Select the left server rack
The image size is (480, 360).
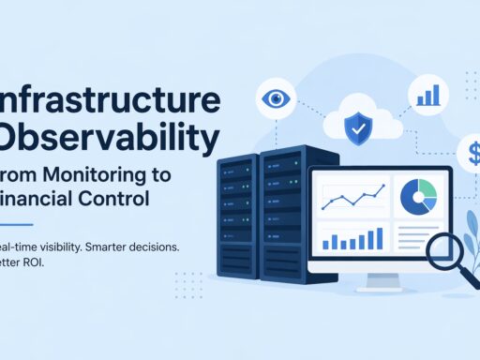click(238, 221)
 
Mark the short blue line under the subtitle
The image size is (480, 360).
click(17, 224)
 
